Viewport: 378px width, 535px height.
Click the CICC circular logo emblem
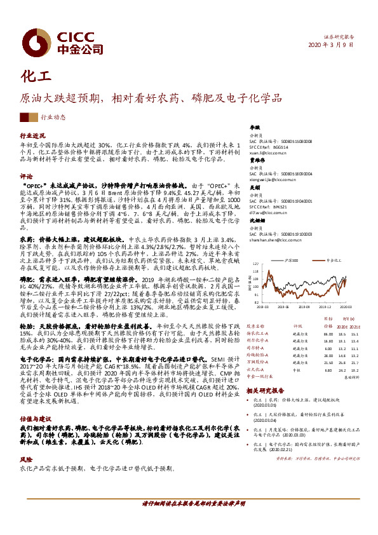click(31, 41)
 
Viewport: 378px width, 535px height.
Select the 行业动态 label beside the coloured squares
click(53, 117)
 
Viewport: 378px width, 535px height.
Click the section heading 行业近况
click(32, 136)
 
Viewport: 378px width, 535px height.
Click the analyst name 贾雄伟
click(255, 161)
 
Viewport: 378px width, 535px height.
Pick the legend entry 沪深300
click(292, 261)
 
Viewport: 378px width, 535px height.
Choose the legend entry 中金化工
click(334, 261)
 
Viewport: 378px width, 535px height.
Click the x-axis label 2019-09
click(302, 305)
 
